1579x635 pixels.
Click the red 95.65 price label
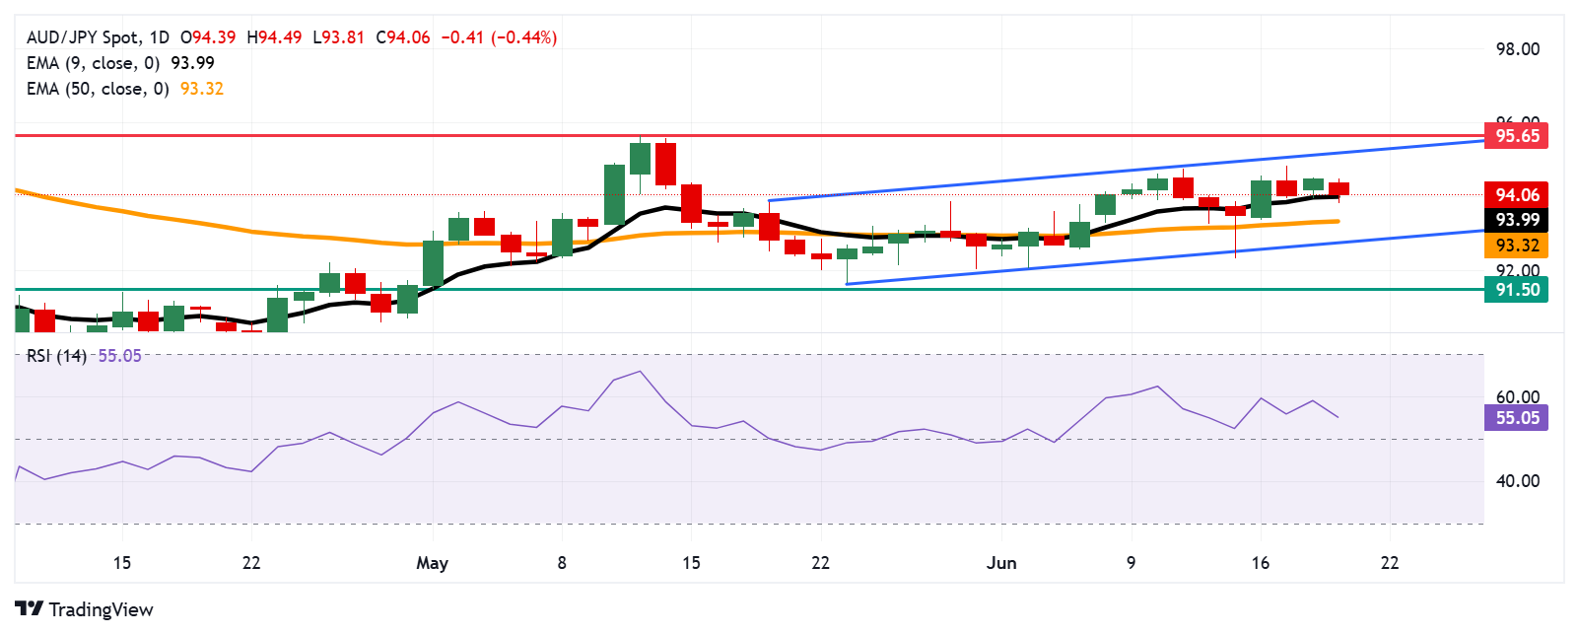coord(1516,135)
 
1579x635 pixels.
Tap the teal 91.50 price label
coord(1516,289)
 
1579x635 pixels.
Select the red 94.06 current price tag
coord(1516,194)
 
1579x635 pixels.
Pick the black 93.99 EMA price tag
coord(1516,220)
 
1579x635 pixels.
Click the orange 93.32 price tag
coord(1516,246)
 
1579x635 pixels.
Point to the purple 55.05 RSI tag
coord(1516,417)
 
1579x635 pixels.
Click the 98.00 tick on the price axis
coord(1517,49)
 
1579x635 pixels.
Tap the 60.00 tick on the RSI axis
coord(1517,397)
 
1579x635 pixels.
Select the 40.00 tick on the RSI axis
coord(1517,481)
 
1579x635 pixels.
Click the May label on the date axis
coord(432,563)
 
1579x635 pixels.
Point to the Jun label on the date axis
coord(1001,563)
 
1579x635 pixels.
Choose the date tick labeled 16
coord(1260,563)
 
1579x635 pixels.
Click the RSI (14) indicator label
coord(56,356)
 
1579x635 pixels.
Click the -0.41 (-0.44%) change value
coord(498,37)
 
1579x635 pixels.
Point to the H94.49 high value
coord(274,37)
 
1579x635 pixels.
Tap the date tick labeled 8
coord(562,563)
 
